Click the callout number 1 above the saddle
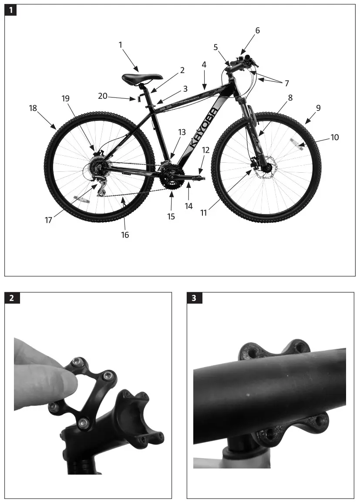(121, 44)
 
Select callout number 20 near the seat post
(103, 96)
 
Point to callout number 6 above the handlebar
(257, 30)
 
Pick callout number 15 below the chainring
(171, 216)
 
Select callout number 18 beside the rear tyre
(33, 108)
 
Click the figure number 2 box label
(11, 298)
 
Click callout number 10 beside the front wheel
(334, 137)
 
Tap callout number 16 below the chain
(125, 235)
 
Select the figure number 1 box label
(11, 10)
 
